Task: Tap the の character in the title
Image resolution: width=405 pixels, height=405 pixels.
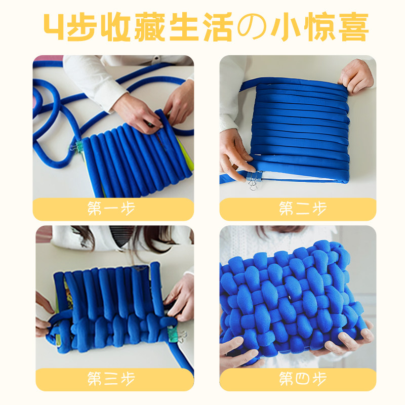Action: click(x=252, y=28)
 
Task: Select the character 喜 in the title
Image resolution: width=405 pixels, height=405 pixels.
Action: click(x=351, y=28)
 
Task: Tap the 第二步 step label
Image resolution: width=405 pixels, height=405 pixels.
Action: click(x=298, y=209)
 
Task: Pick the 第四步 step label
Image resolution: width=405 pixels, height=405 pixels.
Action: click(x=298, y=379)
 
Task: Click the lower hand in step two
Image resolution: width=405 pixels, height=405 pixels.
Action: click(x=235, y=157)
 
